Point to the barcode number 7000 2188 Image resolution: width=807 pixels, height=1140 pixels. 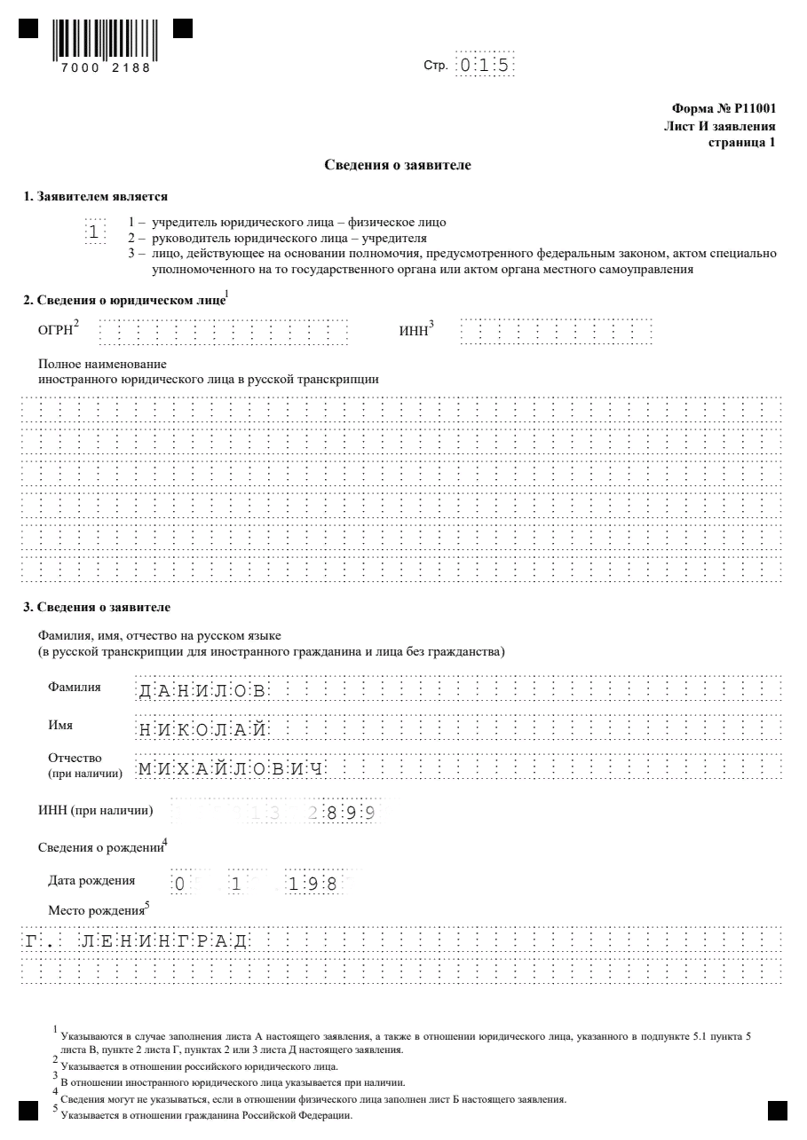pos(107,67)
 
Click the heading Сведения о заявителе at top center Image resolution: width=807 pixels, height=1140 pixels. pos(403,165)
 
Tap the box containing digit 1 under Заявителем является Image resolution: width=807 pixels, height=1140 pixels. pos(94,232)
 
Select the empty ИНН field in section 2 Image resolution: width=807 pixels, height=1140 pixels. pos(557,333)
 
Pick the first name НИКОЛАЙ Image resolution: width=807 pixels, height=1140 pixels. pos(203,729)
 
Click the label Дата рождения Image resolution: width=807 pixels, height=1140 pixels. pos(91,881)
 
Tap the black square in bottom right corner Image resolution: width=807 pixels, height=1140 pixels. pos(778,1110)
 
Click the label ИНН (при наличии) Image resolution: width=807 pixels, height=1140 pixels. pos(94,811)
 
